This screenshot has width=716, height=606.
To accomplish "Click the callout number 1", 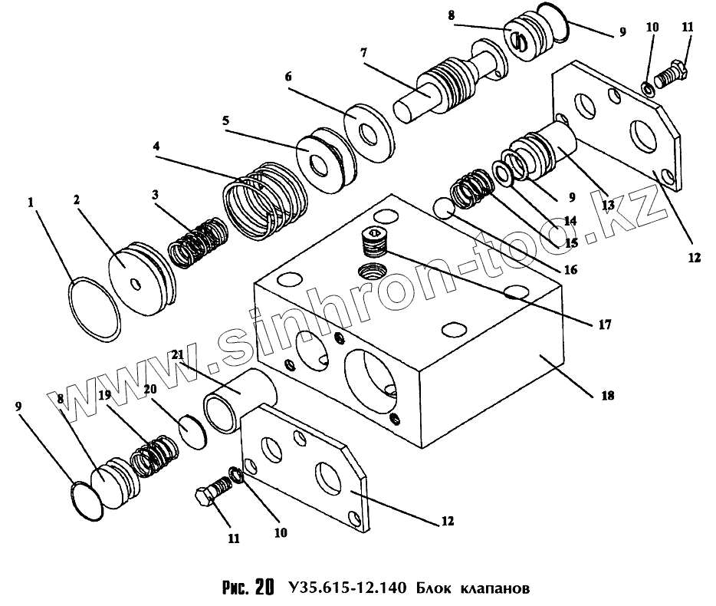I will [31, 203].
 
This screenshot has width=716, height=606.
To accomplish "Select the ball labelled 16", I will [443, 208].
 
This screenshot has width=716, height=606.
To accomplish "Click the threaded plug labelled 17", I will [373, 244].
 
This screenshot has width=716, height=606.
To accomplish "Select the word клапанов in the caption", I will [494, 590].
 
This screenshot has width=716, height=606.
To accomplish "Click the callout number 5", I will [225, 121].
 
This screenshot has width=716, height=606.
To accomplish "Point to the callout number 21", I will [178, 354].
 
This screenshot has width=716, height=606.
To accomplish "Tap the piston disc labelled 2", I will [140, 277].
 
